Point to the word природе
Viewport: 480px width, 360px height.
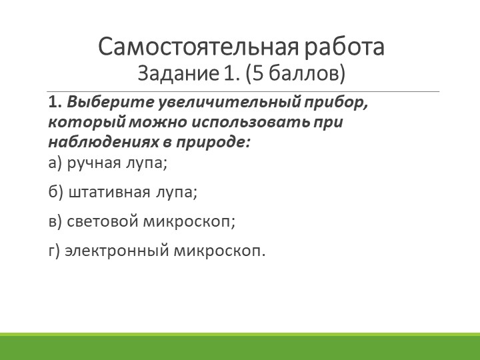click(x=213, y=142)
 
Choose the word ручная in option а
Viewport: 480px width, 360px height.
click(x=91, y=162)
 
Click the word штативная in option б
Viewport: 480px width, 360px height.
click(x=109, y=192)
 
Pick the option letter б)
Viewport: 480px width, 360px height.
click(x=56, y=192)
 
